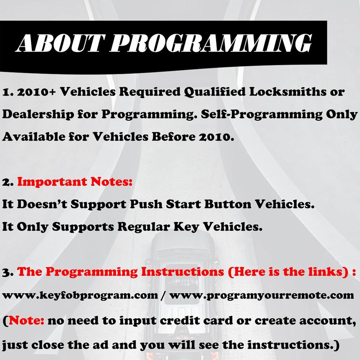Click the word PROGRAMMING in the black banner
click(211, 43)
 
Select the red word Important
click(52, 182)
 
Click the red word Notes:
click(111, 182)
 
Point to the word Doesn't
click(42, 204)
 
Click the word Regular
click(144, 227)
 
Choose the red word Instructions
click(182, 272)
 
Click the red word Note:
click(26, 320)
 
